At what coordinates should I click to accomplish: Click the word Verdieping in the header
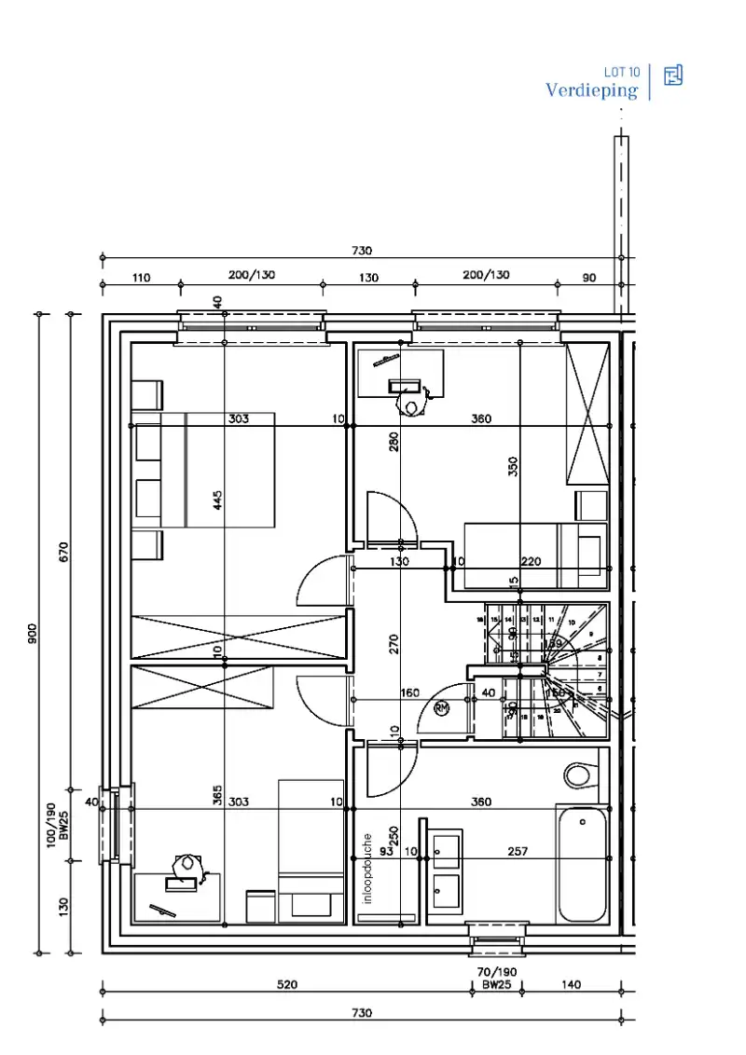pyautogui.click(x=591, y=90)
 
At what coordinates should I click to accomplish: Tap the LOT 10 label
pyautogui.click(x=621, y=71)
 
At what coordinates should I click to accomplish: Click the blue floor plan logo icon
pyautogui.click(x=672, y=75)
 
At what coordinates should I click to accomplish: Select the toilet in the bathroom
pyautogui.click(x=579, y=774)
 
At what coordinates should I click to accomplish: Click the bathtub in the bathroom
pyautogui.click(x=582, y=864)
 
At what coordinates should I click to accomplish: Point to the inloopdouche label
pyautogui.click(x=368, y=869)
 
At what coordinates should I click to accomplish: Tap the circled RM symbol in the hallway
pyautogui.click(x=442, y=708)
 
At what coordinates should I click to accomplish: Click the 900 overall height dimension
pyautogui.click(x=32, y=635)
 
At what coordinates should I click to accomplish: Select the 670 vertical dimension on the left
pyautogui.click(x=63, y=553)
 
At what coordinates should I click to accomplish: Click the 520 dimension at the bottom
pyautogui.click(x=287, y=984)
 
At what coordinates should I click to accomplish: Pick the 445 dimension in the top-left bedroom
pyautogui.click(x=217, y=500)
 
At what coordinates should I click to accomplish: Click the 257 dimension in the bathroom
pyautogui.click(x=518, y=851)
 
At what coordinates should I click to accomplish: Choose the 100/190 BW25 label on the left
pyautogui.click(x=58, y=822)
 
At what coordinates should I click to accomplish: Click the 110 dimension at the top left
pyautogui.click(x=141, y=277)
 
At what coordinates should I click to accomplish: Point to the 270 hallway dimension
pyautogui.click(x=394, y=644)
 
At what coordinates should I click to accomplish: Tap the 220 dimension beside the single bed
pyautogui.click(x=531, y=562)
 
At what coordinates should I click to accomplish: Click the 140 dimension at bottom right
pyautogui.click(x=572, y=984)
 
